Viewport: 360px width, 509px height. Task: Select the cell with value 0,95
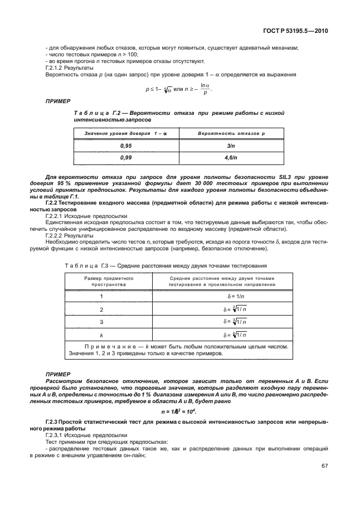pyautogui.click(x=125, y=146)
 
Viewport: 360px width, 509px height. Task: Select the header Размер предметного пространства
pyautogui.click(x=101, y=280)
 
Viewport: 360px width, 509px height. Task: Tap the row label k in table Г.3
pyautogui.click(x=101, y=335)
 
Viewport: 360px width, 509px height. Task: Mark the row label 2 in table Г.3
pyautogui.click(x=101, y=309)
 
